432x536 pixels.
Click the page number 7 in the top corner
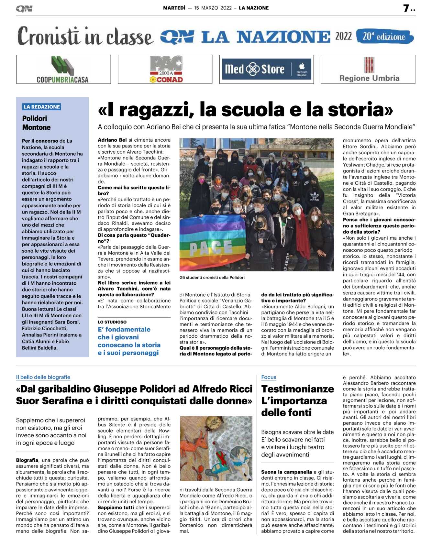pos(406,8)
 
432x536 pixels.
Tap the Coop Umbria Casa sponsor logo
pos(63,70)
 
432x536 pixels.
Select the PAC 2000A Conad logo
pos(165,70)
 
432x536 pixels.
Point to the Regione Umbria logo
pos(369,70)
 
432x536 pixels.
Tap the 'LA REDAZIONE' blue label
pos(42,107)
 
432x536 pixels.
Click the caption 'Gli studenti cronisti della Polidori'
pos(212,277)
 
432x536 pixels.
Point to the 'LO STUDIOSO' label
pos(112,322)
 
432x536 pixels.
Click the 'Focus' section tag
pos(269,377)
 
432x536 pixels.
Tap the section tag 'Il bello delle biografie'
pos(43,377)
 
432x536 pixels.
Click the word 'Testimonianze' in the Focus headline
pos(297,389)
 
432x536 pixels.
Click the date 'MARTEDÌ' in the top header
pos(174,8)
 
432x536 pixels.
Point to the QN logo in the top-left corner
pos(24,9)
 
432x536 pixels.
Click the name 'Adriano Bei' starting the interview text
pos(112,140)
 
